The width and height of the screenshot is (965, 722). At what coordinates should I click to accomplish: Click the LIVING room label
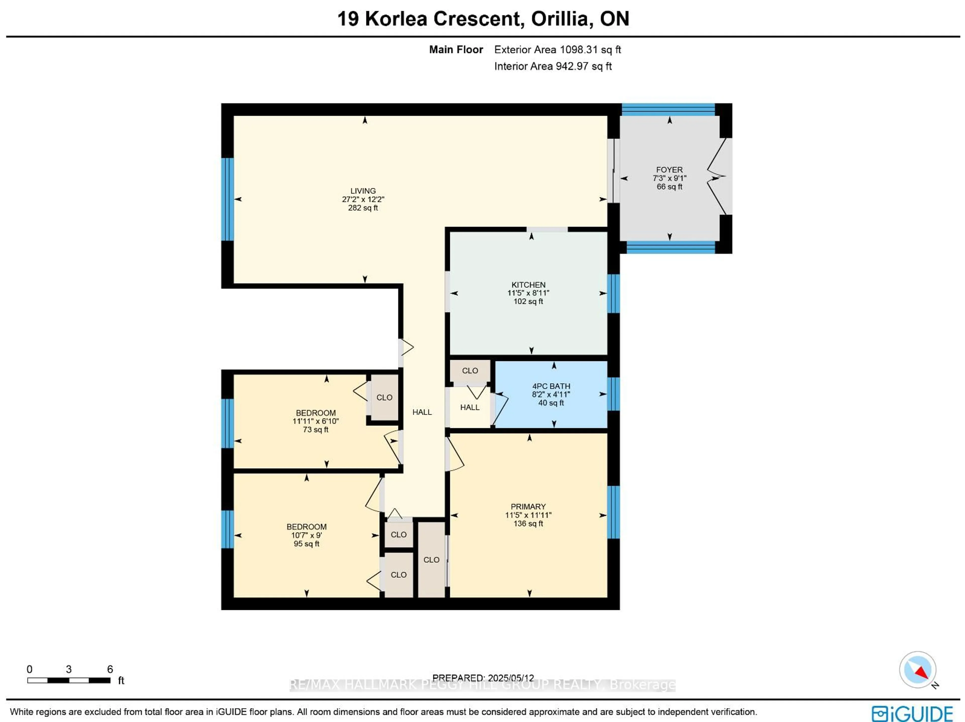point(363,191)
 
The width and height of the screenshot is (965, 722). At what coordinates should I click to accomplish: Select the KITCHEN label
point(528,285)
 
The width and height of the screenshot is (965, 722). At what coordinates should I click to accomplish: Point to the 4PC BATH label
point(551,386)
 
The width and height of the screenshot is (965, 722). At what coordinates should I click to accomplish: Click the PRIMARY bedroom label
point(528,507)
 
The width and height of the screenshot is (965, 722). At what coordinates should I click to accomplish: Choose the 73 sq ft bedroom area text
point(315,429)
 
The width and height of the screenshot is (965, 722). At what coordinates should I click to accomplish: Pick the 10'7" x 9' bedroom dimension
point(306,535)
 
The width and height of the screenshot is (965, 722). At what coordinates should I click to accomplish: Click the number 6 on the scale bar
point(110,669)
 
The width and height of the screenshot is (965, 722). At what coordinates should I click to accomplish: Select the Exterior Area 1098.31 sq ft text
point(558,50)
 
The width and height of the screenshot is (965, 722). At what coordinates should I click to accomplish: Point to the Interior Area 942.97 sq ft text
point(553,66)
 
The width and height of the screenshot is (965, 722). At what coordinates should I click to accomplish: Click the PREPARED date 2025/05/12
point(511,678)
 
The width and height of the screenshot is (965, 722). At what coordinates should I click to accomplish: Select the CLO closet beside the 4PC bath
point(470,371)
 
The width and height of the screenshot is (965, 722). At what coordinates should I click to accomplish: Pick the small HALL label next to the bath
point(470,407)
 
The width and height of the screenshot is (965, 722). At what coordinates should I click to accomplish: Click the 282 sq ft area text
point(363,208)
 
